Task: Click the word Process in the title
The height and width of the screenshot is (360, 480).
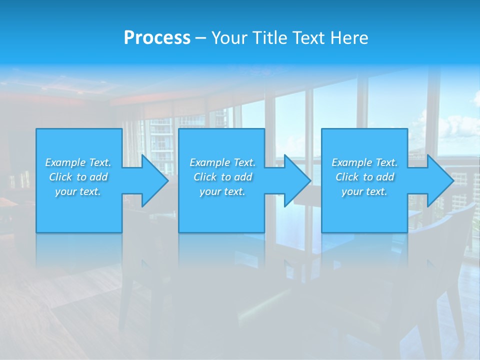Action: (157, 38)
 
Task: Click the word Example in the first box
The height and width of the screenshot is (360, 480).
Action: (65, 162)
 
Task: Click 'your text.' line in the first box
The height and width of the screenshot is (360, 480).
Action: (78, 191)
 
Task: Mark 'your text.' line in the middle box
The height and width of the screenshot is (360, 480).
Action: (222, 191)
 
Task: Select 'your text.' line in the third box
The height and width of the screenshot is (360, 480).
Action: (364, 191)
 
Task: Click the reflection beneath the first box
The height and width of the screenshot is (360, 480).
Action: (79, 250)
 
